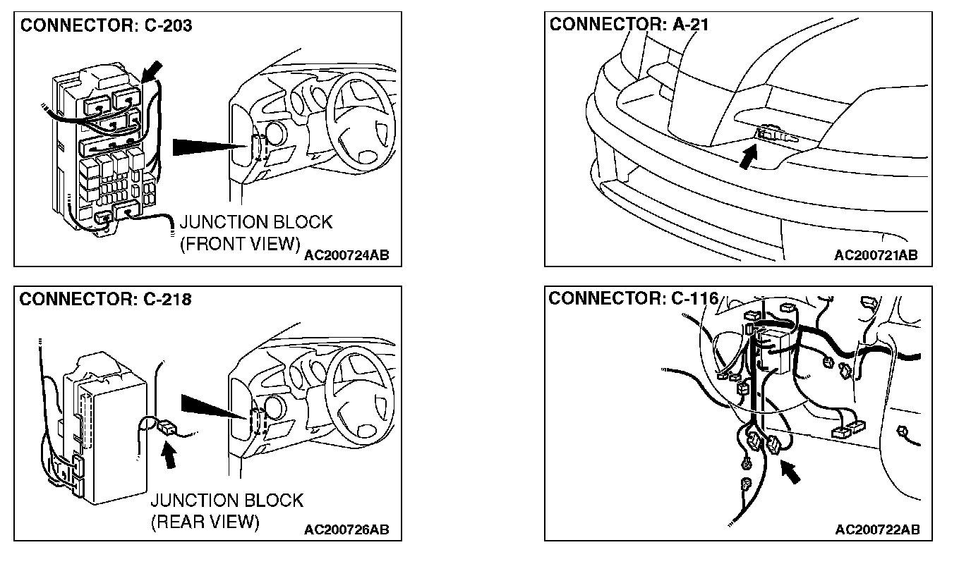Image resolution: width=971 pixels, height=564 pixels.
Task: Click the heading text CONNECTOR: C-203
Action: (x=106, y=26)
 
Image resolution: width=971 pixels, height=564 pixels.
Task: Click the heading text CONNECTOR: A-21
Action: (x=629, y=25)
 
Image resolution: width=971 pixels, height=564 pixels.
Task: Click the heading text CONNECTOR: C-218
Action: (x=105, y=300)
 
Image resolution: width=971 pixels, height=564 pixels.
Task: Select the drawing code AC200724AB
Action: (x=346, y=255)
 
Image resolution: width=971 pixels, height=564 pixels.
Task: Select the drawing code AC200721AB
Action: (x=876, y=255)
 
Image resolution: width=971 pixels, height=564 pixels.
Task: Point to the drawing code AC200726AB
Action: (x=346, y=529)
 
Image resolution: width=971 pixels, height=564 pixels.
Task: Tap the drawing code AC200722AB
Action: (x=877, y=529)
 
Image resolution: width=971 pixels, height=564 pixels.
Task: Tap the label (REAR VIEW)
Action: (x=205, y=522)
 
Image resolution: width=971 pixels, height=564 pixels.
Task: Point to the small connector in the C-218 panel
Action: (x=168, y=427)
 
